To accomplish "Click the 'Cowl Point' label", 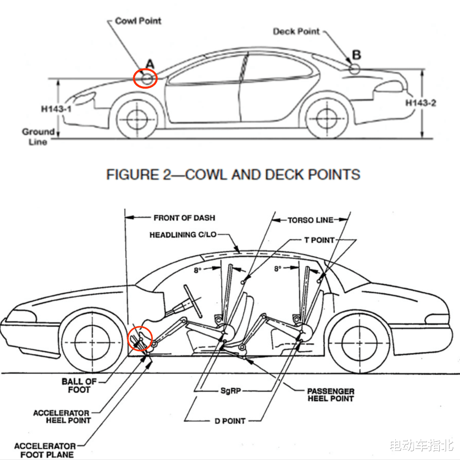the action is (138, 21).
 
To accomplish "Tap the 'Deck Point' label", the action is (296, 32).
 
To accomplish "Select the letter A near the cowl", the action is (150, 64).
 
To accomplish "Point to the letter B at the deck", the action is (356, 55).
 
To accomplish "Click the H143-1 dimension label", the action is (57, 109).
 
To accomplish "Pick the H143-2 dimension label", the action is (421, 103).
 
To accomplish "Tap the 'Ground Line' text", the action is (38, 137).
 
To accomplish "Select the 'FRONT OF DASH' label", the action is (184, 218).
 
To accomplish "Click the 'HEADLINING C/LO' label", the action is (183, 235).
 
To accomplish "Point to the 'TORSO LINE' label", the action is (310, 220).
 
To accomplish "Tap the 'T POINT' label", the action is (319, 240).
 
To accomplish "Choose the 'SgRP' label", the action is (230, 391).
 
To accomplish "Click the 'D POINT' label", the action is (230, 421).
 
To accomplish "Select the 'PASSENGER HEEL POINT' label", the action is (331, 395).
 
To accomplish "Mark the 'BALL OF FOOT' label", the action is (79, 385).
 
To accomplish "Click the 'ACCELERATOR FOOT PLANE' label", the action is (45, 450).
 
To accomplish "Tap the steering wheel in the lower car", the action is (193, 301).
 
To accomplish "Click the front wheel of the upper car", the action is (137, 119).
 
